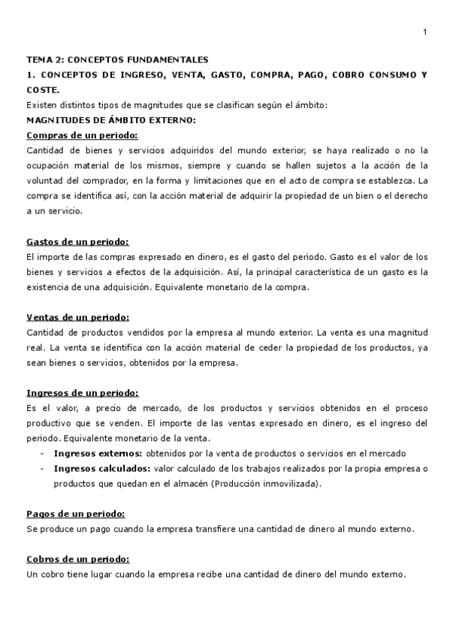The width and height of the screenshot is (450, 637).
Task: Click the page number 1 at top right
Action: pyautogui.click(x=425, y=32)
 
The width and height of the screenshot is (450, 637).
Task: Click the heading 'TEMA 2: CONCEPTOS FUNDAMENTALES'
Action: pyautogui.click(x=117, y=59)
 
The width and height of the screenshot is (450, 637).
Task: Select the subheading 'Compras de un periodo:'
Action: pyautogui.click(x=82, y=135)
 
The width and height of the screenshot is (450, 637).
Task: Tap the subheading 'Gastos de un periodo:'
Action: pyautogui.click(x=77, y=241)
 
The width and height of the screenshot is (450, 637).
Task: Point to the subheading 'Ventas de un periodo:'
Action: pyautogui.click(x=77, y=317)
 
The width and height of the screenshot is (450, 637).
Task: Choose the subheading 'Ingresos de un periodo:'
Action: pyautogui.click(x=83, y=393)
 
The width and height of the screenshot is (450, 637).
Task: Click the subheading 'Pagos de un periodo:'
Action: pyautogui.click(x=75, y=514)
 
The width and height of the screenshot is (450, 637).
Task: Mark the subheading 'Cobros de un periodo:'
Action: pyautogui.click(x=77, y=560)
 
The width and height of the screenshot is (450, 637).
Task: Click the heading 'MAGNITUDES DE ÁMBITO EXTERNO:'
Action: pyautogui.click(x=110, y=119)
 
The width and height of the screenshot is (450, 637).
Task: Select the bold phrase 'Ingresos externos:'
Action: pyautogui.click(x=98, y=454)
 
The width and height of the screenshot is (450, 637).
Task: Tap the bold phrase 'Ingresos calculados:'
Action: pyautogui.click(x=102, y=469)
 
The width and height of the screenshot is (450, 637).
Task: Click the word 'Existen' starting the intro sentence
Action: pyautogui.click(x=41, y=104)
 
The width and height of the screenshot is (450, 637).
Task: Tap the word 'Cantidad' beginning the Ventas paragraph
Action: pyautogui.click(x=44, y=332)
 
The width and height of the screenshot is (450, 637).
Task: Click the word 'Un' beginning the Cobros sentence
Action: pyautogui.click(x=32, y=575)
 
